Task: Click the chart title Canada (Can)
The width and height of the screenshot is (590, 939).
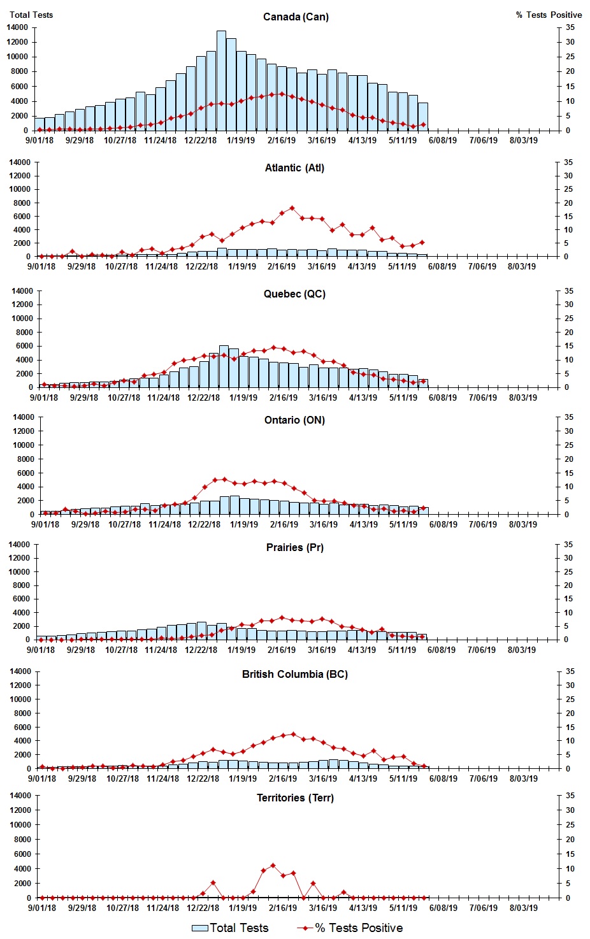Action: tap(296, 17)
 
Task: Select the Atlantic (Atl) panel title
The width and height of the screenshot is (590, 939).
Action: tap(294, 168)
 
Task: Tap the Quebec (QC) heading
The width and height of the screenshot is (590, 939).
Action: tap(294, 294)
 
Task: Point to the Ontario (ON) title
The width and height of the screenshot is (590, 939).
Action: tap(294, 420)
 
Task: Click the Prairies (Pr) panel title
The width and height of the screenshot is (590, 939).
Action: tap(294, 547)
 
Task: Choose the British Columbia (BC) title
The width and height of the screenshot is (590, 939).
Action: tap(294, 674)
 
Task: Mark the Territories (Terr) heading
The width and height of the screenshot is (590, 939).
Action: tap(294, 798)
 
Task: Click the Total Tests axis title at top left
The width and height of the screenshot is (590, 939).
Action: tap(31, 15)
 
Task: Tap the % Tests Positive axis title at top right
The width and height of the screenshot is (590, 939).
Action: tap(549, 15)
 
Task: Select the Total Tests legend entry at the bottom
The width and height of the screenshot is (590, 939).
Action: tap(231, 928)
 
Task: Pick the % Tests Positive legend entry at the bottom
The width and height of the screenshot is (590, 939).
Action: tap(350, 928)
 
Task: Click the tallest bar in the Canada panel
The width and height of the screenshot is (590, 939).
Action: tap(221, 80)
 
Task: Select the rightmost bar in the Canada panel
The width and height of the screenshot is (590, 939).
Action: tap(422, 117)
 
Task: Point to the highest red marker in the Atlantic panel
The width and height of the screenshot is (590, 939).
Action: tap(292, 208)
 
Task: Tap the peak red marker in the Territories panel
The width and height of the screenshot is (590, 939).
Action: tap(273, 865)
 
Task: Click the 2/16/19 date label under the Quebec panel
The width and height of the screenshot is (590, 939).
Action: tap(283, 398)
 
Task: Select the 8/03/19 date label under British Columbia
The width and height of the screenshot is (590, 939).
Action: tap(522, 778)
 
